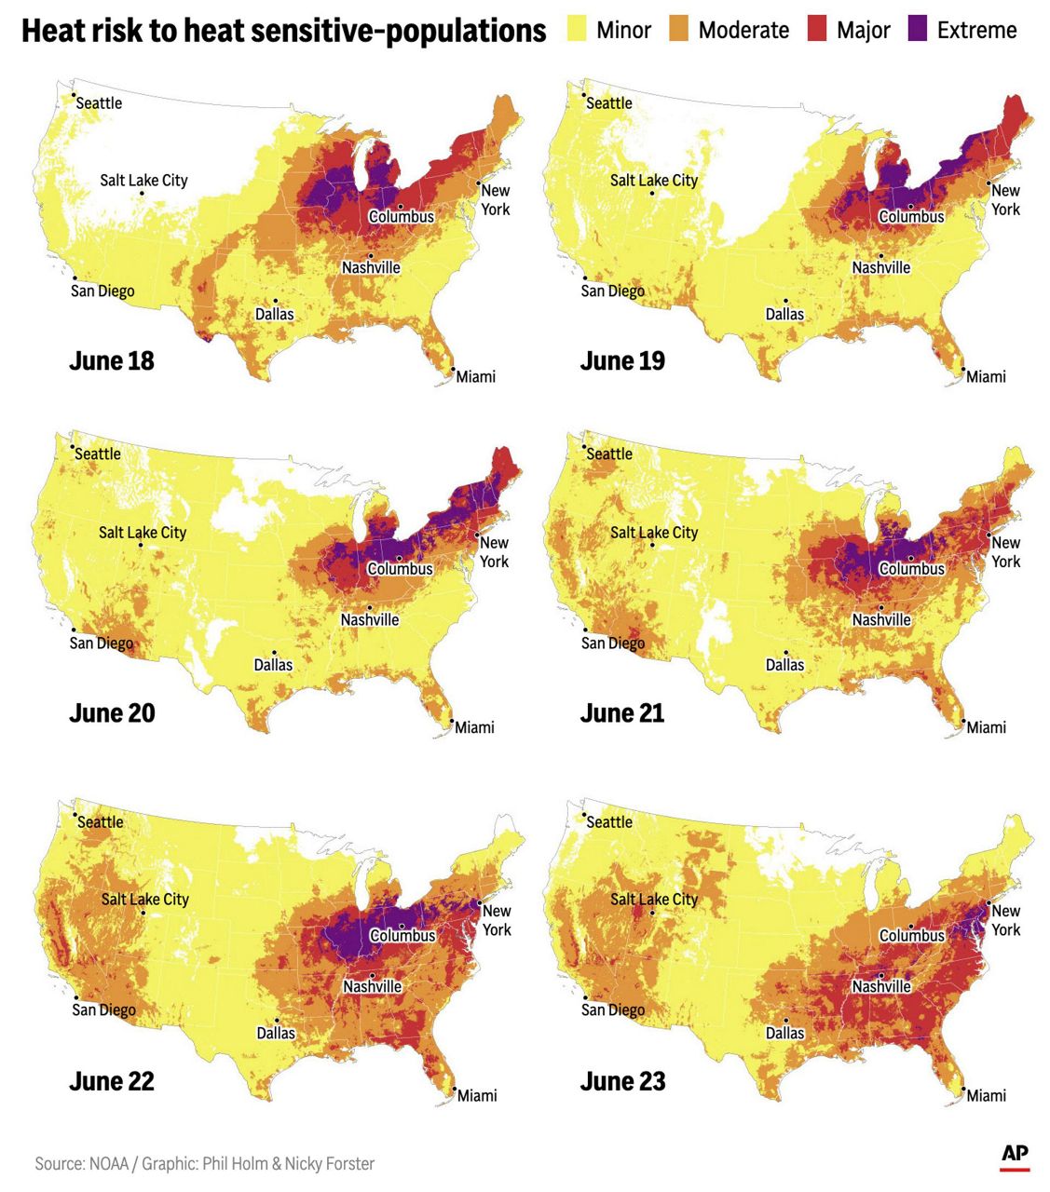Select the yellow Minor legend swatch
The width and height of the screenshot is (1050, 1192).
pyautogui.click(x=577, y=30)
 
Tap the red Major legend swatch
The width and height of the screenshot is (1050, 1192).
pyautogui.click(x=817, y=30)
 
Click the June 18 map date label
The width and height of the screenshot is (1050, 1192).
pyautogui.click(x=112, y=361)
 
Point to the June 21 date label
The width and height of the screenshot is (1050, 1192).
pyautogui.click(x=622, y=713)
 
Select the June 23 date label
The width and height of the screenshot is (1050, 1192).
pyautogui.click(x=622, y=1081)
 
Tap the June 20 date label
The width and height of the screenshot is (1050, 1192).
pyautogui.click(x=112, y=713)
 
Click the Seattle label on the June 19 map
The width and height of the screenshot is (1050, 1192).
pyautogui.click(x=609, y=103)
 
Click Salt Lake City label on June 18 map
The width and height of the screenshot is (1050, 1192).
pyautogui.click(x=143, y=180)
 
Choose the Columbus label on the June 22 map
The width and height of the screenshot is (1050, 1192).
pyautogui.click(x=402, y=935)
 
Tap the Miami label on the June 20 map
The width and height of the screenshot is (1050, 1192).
pyautogui.click(x=474, y=727)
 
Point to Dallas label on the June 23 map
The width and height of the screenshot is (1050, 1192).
pyautogui.click(x=784, y=1033)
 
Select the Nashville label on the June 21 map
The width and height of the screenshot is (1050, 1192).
pyautogui.click(x=880, y=619)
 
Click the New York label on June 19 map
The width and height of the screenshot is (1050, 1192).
pyautogui.click(x=1005, y=199)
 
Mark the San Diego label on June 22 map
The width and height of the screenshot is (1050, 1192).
pyautogui.click(x=104, y=1009)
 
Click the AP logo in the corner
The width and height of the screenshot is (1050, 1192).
pyautogui.click(x=1015, y=1154)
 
